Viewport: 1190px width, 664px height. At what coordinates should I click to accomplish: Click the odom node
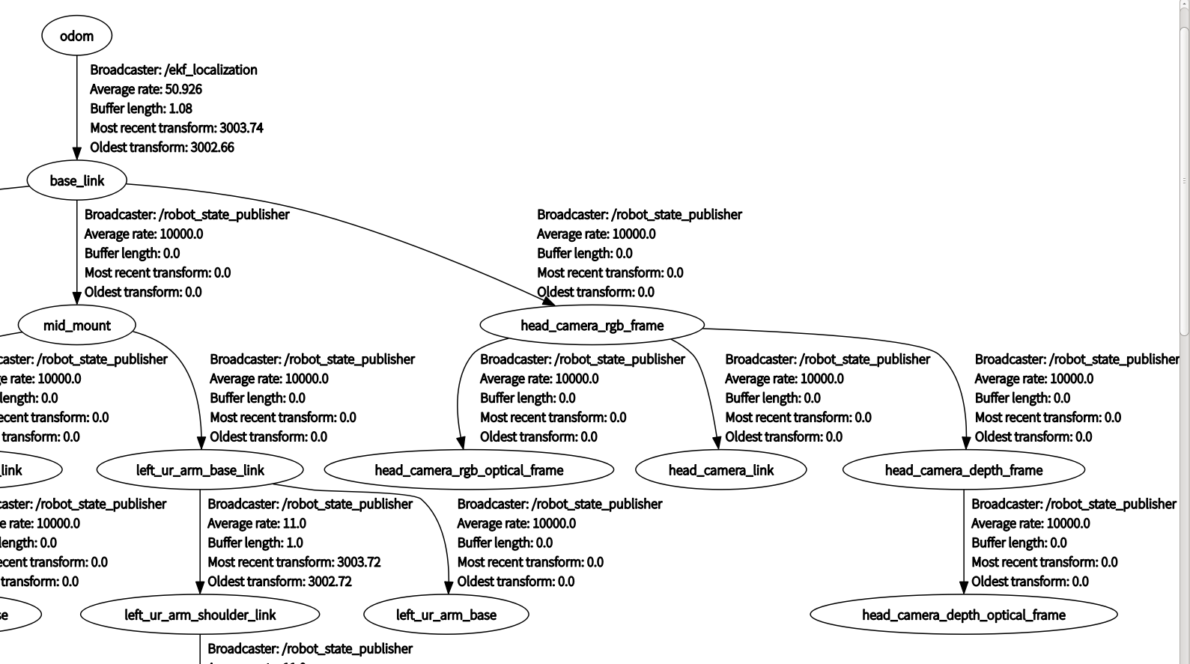76,36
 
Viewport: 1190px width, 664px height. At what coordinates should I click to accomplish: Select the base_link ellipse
76,180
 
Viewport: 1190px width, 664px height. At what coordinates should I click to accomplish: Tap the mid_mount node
76,326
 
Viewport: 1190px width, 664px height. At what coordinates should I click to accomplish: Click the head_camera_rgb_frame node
592,326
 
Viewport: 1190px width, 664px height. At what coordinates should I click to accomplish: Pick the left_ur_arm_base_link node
200,470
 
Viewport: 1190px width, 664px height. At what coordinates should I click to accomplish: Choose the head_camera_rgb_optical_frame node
469,470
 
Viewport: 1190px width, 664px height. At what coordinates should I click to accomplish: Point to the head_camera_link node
720,470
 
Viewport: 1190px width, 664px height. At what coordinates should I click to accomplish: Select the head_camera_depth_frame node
963,470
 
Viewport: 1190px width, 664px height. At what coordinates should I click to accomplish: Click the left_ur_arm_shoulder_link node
200,615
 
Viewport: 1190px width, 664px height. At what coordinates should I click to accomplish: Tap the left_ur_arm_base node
446,615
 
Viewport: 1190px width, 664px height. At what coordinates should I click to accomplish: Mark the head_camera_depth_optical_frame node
963,615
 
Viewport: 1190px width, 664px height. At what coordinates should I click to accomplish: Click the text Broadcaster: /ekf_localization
174,70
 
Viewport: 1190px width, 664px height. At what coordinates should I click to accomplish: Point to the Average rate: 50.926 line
146,89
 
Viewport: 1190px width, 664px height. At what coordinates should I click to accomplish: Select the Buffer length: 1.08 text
141,109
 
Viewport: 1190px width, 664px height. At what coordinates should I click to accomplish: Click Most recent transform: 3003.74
177,128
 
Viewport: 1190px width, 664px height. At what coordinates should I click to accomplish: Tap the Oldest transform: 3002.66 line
162,147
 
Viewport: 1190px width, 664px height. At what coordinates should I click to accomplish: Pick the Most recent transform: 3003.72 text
294,562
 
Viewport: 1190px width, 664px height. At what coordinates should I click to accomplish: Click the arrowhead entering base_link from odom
76,153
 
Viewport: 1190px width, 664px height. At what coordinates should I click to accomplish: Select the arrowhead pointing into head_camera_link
717,442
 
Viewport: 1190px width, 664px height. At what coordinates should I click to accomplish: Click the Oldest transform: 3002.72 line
279,582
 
